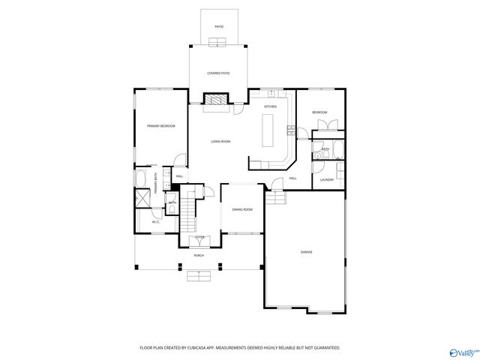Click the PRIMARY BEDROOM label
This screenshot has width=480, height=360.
(161, 126)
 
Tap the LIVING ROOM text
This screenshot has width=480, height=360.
(220, 142)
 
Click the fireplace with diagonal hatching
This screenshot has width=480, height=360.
(217, 100)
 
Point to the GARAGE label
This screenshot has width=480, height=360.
(306, 252)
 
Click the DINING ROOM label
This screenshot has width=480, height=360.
(241, 210)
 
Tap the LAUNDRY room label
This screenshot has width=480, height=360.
(327, 180)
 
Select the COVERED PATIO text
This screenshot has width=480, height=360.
(218, 73)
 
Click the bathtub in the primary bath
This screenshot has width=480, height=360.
(142, 179)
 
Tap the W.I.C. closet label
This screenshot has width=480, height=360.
(156, 222)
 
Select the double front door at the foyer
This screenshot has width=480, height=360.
(199, 241)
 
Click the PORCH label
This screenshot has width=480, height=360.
(199, 256)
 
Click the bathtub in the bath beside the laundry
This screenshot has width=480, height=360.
(338, 150)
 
